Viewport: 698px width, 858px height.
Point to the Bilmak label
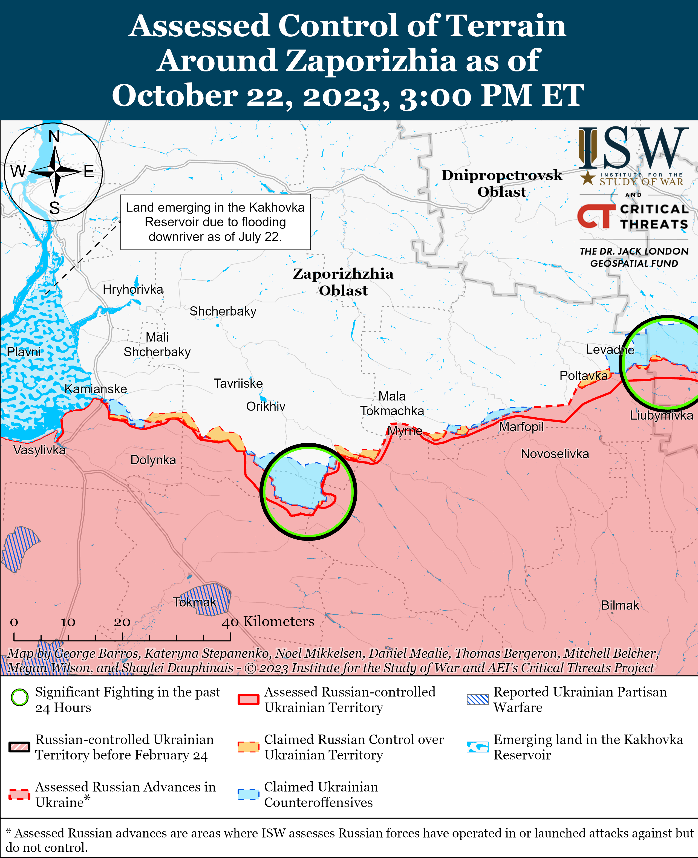point(620,605)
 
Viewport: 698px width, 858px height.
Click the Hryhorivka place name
point(133,290)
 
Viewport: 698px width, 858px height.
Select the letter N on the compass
point(54,137)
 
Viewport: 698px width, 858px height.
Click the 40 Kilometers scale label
point(268,621)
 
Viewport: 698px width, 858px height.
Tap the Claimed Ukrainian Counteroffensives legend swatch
point(248,795)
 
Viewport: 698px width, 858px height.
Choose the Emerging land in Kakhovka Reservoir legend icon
point(477,747)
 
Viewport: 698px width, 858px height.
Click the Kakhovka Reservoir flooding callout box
point(215,222)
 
